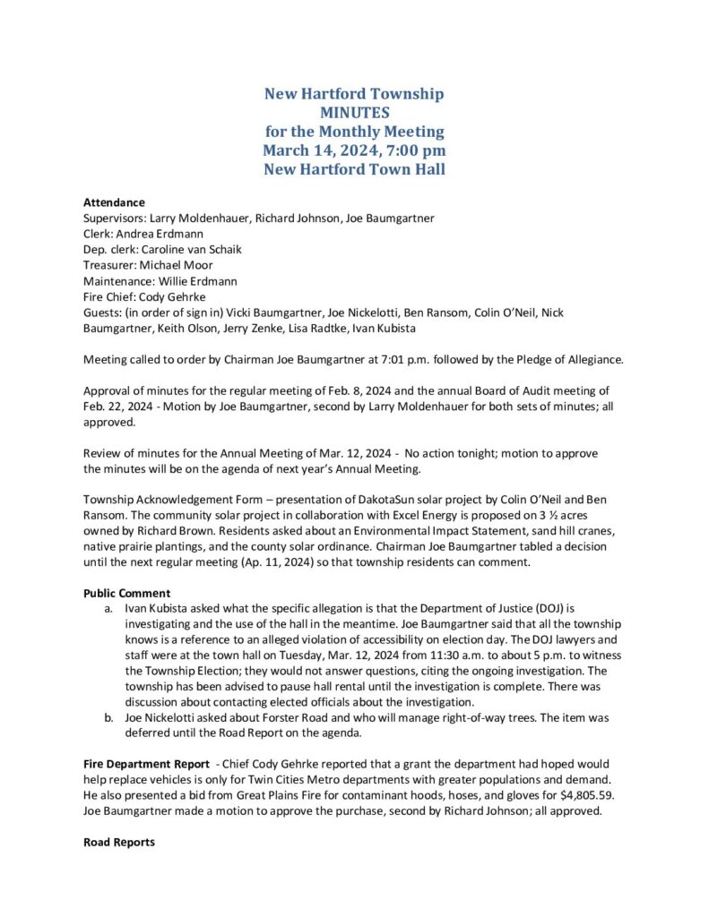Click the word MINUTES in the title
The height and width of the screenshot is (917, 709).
(354, 113)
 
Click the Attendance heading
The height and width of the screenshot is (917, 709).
(114, 202)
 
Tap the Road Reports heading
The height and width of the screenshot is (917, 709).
(118, 843)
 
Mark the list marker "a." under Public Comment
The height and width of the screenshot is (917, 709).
(109, 608)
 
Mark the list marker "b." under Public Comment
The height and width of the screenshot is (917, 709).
(109, 717)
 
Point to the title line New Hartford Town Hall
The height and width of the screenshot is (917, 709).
(354, 169)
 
